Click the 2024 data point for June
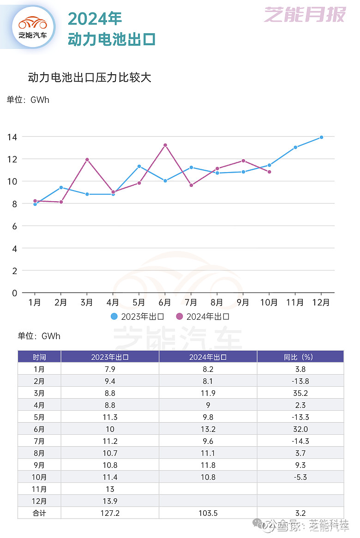pos(165,145)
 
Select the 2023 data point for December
pos(321,137)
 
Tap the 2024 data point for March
pos(87,160)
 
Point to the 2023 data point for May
pos(139,166)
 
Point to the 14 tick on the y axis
pos(12,137)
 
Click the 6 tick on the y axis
pos(14,226)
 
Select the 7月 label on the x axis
pos(191,303)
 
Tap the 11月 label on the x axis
pos(295,303)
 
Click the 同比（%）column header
pos(300,357)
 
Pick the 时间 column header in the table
pos(39,357)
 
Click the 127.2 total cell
pos(110,513)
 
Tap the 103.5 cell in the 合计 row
pos(208,513)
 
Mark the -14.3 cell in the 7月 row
pos(300,441)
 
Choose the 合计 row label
pos(39,513)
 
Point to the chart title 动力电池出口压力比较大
pos(90,77)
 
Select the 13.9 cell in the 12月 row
pos(110,501)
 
